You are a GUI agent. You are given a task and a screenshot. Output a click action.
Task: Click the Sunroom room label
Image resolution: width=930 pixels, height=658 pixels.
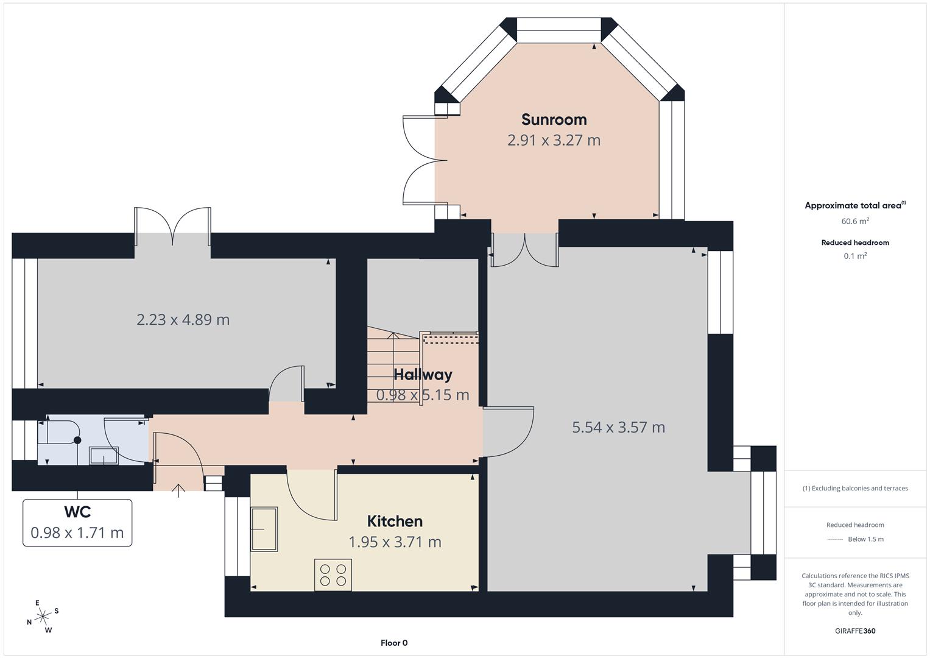554,119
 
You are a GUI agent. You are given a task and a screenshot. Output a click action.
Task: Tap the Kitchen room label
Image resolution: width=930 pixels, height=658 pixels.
395,522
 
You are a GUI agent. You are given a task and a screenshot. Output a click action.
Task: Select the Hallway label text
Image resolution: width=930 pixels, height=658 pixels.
423,375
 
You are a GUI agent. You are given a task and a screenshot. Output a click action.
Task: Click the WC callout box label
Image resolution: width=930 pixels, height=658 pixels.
77,512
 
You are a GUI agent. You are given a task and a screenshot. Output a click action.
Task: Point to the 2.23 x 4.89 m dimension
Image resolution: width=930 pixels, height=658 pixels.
183,319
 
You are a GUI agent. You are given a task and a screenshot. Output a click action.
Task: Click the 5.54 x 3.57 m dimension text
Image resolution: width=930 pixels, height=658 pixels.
619,427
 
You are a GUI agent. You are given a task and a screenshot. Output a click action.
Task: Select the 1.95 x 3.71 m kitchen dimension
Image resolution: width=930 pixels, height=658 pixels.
395,542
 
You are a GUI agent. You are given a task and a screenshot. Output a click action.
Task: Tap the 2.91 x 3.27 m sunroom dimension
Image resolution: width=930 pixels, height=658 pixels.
554,140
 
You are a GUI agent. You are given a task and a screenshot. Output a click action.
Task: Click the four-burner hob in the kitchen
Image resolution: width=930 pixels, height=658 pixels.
333,575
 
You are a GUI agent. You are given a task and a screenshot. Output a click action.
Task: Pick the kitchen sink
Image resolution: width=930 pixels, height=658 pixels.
264,529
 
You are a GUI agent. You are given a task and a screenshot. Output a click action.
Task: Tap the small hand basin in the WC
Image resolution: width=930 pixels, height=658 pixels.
104,456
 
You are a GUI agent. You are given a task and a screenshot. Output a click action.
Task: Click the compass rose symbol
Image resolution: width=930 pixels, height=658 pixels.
43,617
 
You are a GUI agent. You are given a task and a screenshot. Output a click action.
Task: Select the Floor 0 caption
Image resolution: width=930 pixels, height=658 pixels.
394,643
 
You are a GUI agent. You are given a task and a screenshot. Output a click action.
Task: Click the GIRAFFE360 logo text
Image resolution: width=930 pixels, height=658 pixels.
855,631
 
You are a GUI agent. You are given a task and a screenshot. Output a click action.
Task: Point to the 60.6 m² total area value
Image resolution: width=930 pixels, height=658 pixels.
855,221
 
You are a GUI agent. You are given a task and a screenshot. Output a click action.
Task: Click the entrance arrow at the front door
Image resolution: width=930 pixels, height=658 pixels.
178,490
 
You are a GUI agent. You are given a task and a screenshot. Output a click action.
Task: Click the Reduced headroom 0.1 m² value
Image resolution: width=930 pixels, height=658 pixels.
855,256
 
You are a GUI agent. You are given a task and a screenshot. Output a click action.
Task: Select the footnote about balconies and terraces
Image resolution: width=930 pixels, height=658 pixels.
855,489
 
